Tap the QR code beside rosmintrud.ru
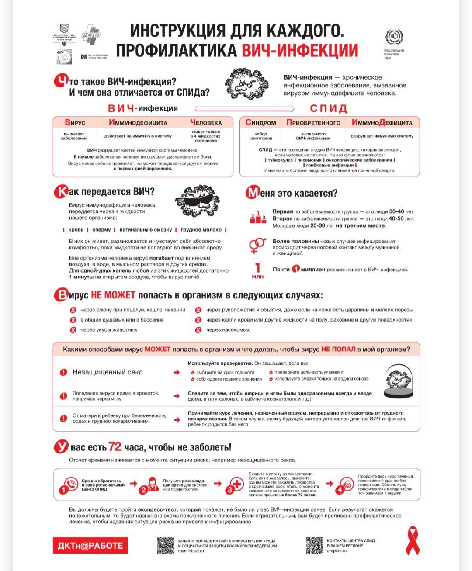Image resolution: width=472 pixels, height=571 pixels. tap(166, 546)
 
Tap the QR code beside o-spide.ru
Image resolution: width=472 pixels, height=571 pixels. tap(315, 546)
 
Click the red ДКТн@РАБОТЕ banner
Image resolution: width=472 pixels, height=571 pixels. tap(90, 546)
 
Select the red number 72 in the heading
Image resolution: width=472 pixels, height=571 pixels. tap(115, 446)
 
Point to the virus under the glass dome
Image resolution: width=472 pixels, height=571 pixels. tap(398, 380)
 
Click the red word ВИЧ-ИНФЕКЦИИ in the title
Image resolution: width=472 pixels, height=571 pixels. tap(300, 51)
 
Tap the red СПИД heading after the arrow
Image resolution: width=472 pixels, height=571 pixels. tap(329, 108)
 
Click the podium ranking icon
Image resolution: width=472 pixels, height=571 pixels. tap(258, 218)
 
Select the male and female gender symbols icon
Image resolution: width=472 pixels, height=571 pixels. tap(257, 246)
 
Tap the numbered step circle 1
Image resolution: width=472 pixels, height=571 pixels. tap(63, 490)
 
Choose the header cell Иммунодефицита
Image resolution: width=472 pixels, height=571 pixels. tap(138, 123)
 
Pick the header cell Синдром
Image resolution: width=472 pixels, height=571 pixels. tap(260, 123)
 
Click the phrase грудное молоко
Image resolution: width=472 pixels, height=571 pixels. tap(201, 230)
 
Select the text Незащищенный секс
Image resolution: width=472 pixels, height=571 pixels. tap(108, 372)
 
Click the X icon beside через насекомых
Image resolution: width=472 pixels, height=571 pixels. tap(198, 330)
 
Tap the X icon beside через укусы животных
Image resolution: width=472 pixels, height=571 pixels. tap(73, 330)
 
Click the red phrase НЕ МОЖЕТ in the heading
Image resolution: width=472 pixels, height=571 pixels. tap(113, 295)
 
